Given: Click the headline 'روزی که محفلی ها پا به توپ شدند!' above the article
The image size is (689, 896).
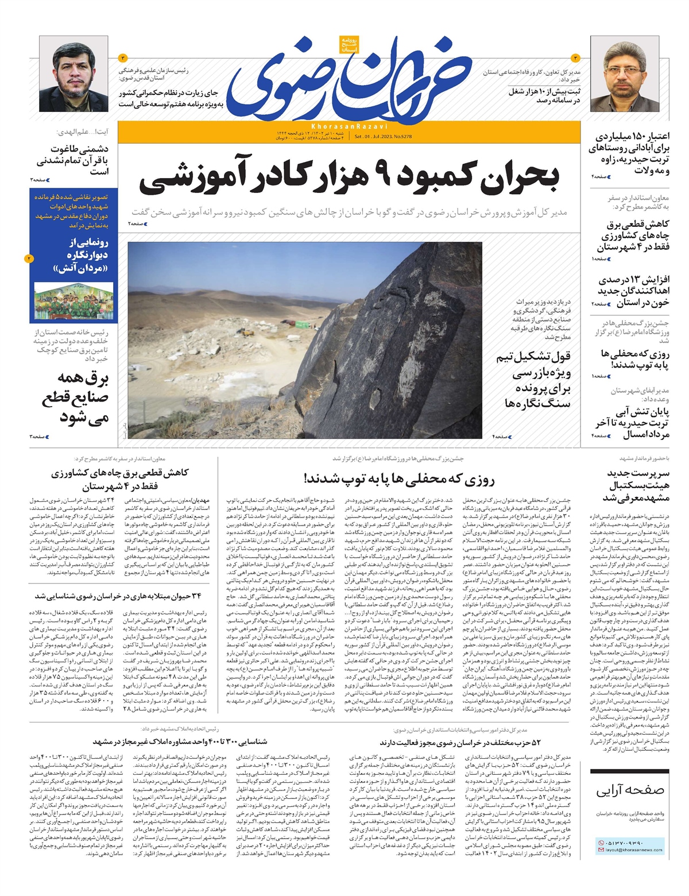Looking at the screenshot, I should (399, 478).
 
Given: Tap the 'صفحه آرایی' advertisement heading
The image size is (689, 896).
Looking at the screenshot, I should (630, 790).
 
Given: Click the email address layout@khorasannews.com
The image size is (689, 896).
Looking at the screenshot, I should (633, 850).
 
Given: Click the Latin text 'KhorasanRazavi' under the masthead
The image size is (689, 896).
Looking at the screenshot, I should (350, 126).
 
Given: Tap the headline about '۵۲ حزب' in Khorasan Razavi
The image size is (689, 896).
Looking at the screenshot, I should (459, 742).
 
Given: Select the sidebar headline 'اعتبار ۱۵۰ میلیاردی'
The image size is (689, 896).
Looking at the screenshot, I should (629, 153).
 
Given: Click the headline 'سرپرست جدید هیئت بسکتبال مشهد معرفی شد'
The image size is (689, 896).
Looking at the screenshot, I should (630, 485).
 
